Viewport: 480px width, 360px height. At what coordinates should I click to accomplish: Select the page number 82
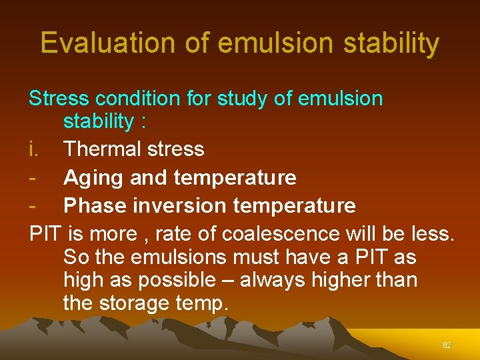coord(447,345)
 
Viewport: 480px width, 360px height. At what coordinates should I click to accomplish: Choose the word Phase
coord(93,205)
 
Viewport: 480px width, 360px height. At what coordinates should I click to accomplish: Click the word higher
coord(342,281)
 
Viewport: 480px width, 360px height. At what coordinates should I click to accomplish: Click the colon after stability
coord(143,122)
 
